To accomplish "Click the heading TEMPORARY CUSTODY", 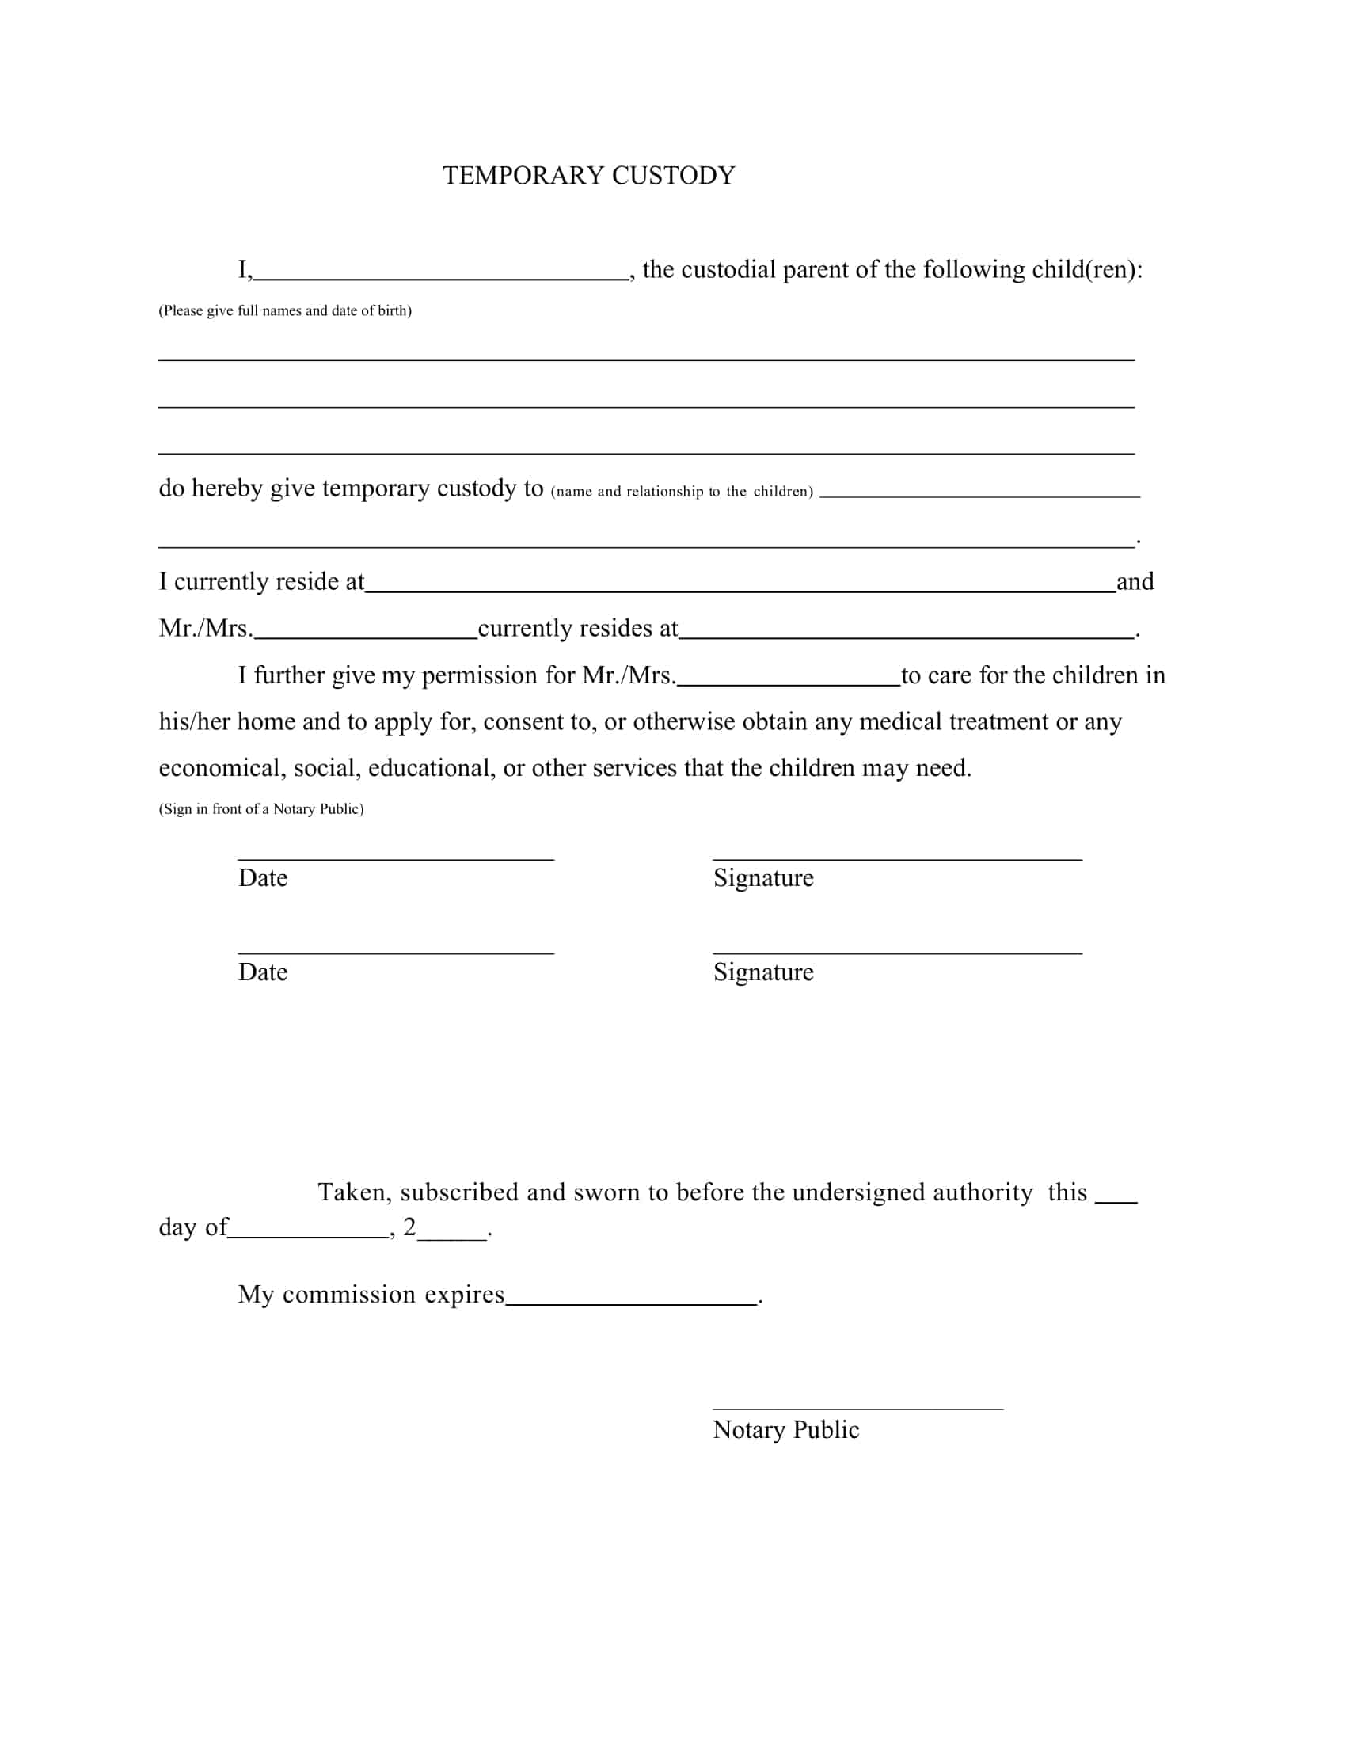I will [588, 176].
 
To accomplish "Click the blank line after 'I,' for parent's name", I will [440, 277].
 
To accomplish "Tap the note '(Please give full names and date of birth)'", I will [285, 311].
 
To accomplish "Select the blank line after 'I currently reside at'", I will [740, 588].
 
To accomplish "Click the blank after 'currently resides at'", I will [907, 636].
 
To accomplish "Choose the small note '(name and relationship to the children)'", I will [682, 492].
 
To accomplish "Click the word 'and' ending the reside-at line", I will [1135, 581].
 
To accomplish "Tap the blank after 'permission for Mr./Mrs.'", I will [788, 683].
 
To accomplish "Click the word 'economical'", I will [219, 768].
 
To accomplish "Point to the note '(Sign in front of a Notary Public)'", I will [260, 808].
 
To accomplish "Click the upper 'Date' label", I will [262, 878].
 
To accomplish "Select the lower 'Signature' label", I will [763, 972].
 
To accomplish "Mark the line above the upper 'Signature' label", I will [897, 859].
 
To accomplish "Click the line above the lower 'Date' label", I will [396, 953].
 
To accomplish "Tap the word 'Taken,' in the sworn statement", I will [354, 1192].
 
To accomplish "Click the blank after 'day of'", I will [309, 1234].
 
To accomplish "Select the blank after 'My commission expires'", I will [632, 1303].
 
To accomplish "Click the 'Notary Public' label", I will [785, 1430].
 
